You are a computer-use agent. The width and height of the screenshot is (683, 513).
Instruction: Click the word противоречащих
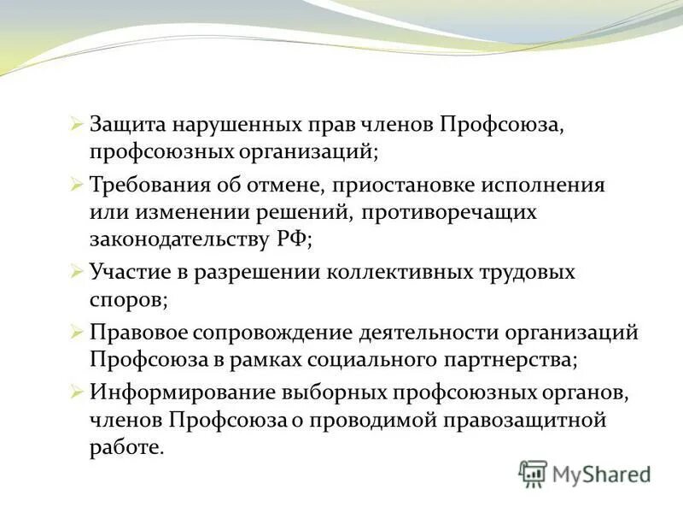click(x=452, y=212)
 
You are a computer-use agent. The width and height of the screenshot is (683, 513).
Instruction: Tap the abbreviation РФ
click(x=293, y=240)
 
